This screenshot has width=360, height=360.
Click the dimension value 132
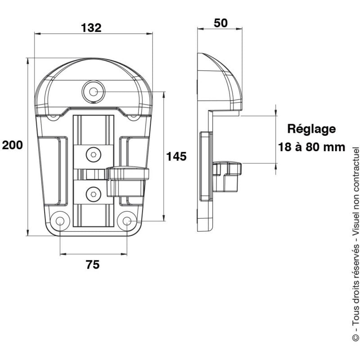91,27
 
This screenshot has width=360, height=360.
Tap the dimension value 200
12,145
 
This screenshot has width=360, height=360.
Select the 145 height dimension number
176,156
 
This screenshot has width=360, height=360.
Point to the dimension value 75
92,265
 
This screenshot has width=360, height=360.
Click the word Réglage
311,129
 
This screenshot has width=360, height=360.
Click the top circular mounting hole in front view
93,92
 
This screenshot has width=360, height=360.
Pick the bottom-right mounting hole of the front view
126,221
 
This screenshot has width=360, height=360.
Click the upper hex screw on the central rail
93,154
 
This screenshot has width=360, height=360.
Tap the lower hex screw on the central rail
93,194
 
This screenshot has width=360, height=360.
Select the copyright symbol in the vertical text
355,337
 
